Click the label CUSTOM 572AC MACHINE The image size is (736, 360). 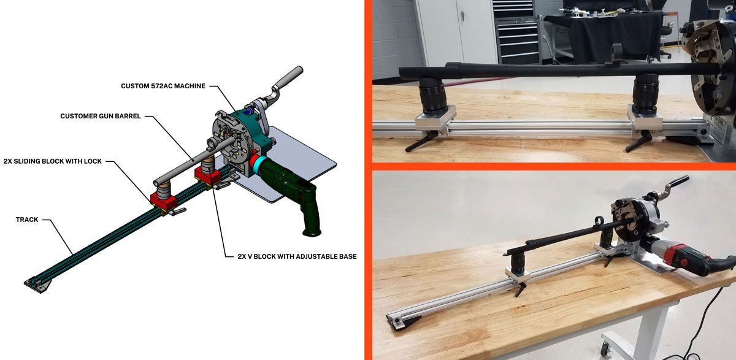[163, 86]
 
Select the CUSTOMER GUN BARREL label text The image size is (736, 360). [101, 116]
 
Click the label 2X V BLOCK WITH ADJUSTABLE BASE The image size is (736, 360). [297, 256]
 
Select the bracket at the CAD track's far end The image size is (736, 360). [35, 283]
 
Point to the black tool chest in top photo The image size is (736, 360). [516, 31]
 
